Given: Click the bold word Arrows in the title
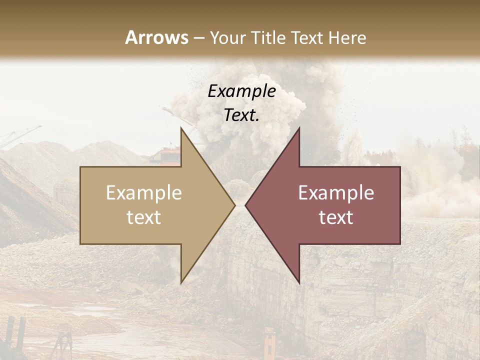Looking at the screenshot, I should pyautogui.click(x=156, y=37).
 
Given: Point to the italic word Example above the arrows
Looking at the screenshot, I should pyautogui.click(x=241, y=91).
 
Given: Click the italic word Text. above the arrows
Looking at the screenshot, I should pyautogui.click(x=241, y=115).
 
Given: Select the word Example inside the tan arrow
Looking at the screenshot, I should pyautogui.click(x=144, y=192).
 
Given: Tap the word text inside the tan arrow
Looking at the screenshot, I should pyautogui.click(x=144, y=217).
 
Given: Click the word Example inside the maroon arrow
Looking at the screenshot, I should pyautogui.click(x=336, y=192).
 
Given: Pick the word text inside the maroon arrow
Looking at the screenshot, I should pyautogui.click(x=336, y=217).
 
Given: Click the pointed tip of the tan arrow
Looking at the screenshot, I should pyautogui.click(x=234, y=205).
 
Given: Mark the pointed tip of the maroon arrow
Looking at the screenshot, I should pyautogui.click(x=245, y=205).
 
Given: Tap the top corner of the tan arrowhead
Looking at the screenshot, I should pyautogui.click(x=181, y=128).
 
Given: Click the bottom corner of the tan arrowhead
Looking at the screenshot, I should pyautogui.click(x=181, y=282).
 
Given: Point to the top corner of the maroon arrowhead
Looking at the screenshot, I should pyautogui.click(x=299, y=128).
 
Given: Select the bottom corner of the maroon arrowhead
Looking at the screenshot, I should pyautogui.click(x=299, y=282).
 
